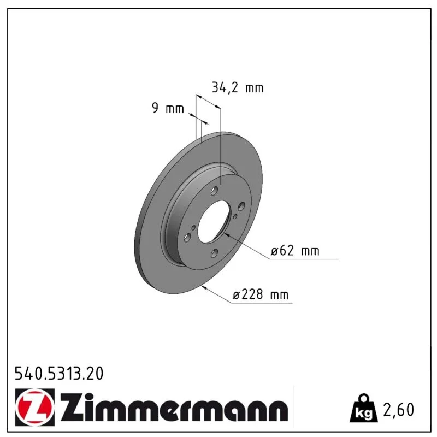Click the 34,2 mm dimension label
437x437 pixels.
click(238, 87)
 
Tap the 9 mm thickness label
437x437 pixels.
click(168, 108)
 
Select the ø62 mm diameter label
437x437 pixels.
click(295, 251)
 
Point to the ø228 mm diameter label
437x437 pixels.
click(261, 294)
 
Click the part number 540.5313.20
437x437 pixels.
click(59, 374)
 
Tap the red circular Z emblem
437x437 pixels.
click(34, 407)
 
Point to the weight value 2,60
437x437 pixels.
click(399, 410)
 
